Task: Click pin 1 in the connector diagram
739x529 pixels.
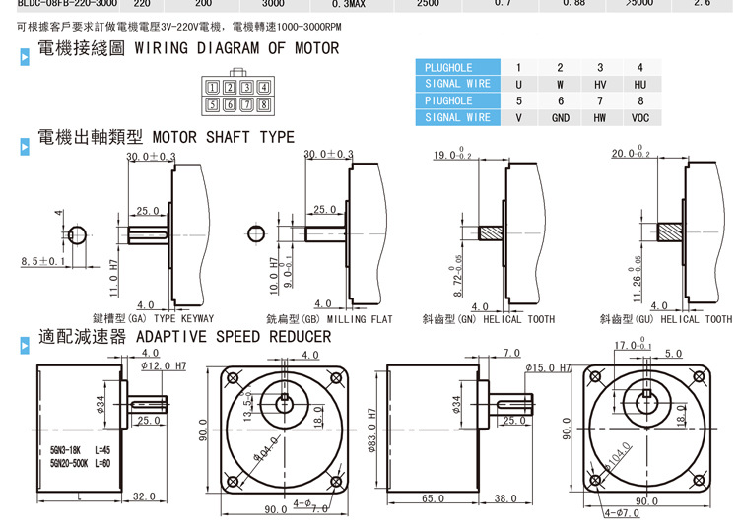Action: (x=213, y=87)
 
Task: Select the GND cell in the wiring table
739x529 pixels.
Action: (x=560, y=117)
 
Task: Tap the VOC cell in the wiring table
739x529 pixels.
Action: (x=640, y=117)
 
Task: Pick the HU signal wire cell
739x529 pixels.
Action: (x=640, y=85)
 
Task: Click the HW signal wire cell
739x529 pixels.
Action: (x=600, y=117)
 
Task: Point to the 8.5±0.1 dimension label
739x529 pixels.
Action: (x=42, y=262)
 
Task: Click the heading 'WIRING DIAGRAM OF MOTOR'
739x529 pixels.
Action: (x=235, y=48)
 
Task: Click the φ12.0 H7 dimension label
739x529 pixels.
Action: (x=162, y=366)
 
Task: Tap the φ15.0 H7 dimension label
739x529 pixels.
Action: (x=549, y=367)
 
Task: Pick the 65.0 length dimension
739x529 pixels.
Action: (x=433, y=499)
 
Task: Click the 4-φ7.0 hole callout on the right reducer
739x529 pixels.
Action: (x=623, y=514)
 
